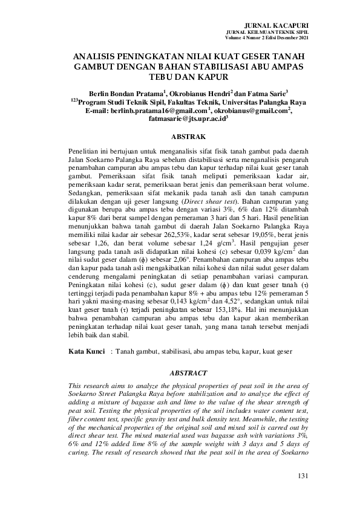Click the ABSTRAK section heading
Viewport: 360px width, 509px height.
189,137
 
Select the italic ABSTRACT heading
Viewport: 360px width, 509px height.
189,374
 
